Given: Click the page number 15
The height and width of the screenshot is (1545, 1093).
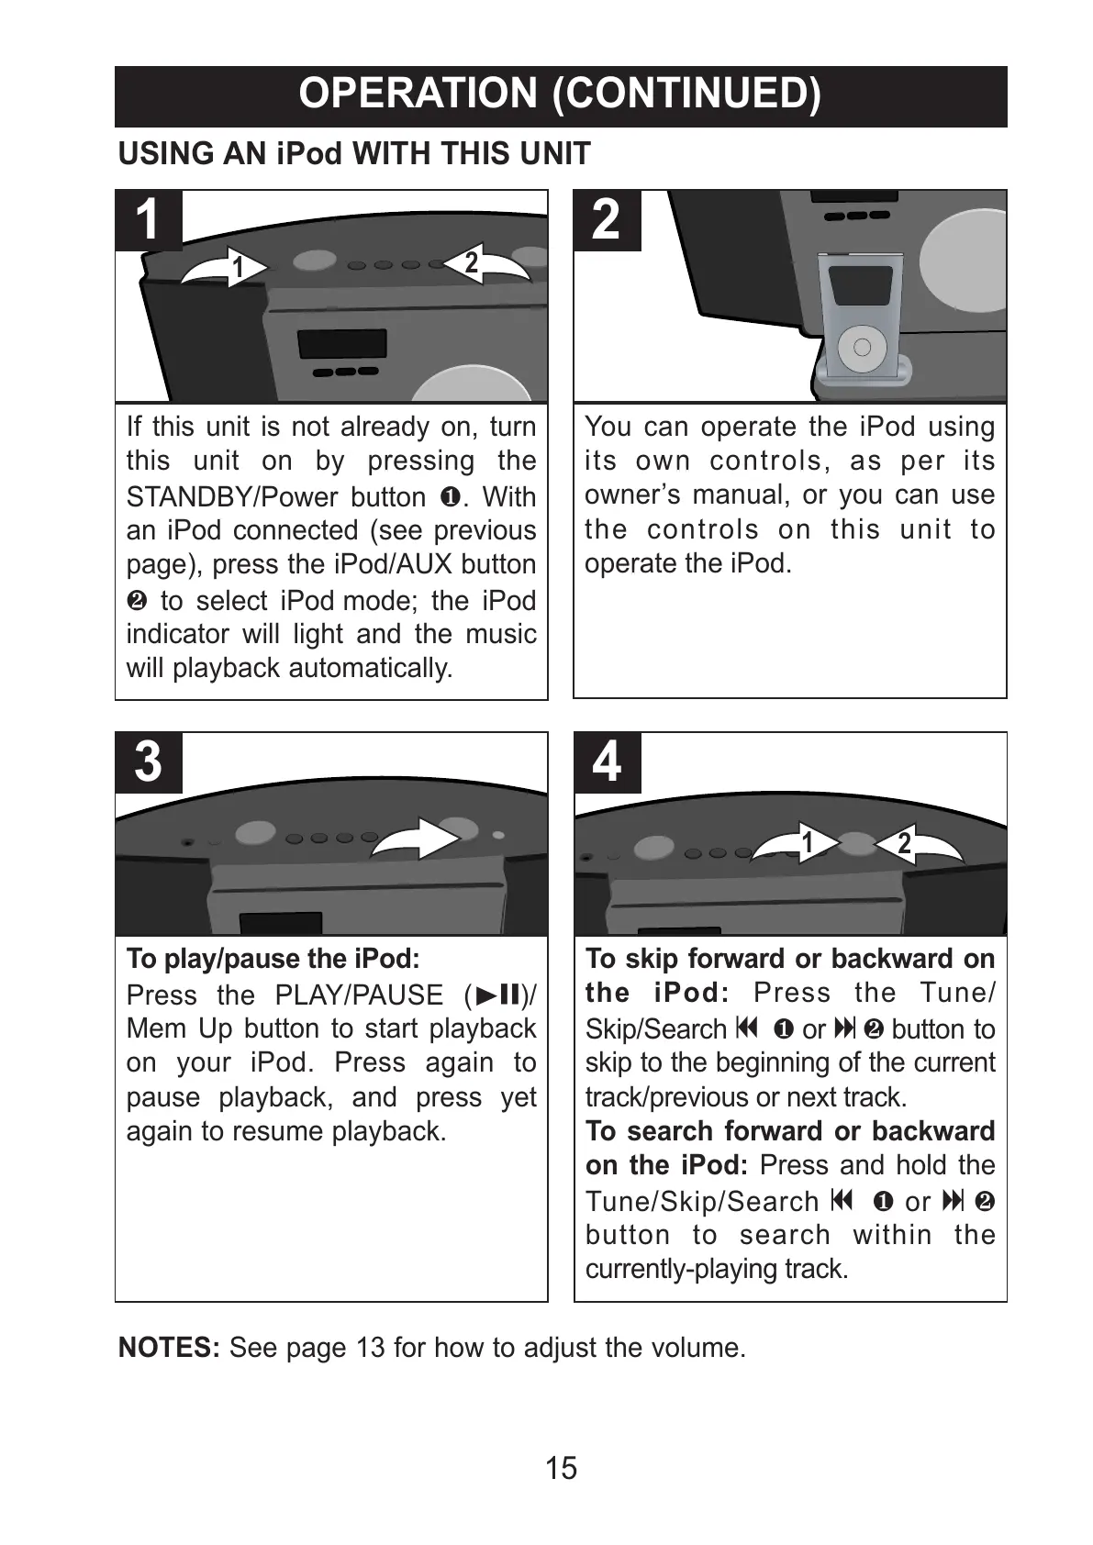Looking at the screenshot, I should pos(561,1468).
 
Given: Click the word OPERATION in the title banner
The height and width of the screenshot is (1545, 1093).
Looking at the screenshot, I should pos(418,94).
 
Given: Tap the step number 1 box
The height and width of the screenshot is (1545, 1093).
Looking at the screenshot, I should pos(148,220).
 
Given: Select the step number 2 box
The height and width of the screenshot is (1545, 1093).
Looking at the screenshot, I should pos(606,220).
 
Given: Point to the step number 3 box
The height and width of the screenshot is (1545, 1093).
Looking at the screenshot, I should pos(148,762).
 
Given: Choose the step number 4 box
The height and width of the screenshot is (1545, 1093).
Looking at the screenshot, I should pos(606,762).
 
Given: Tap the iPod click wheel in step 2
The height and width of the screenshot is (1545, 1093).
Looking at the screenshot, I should pos(862,347).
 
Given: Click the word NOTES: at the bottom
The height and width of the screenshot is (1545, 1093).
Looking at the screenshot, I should pos(169,1348).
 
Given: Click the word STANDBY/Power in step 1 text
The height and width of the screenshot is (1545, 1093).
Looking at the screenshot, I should pos(232,496).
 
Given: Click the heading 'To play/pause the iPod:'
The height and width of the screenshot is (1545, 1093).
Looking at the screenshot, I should pos(273,959).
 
